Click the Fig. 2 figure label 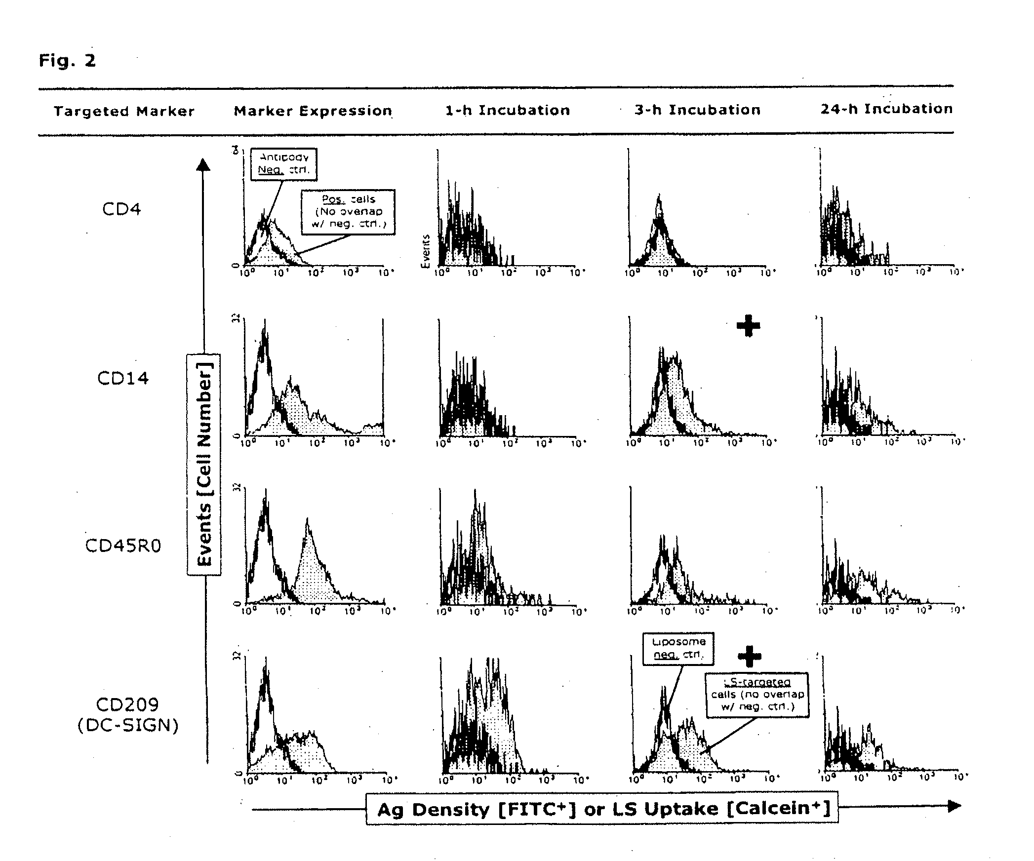67,61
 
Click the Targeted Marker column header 124,111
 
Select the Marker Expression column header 313,111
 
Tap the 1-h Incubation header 508,110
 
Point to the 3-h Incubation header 697,110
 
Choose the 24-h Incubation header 886,109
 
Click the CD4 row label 121,209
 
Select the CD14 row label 123,379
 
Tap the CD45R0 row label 123,546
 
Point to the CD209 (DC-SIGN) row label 128,715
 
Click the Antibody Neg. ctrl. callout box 284,164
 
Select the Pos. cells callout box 349,212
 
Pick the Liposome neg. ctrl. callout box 678,649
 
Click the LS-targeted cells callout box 757,694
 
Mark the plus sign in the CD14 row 748,326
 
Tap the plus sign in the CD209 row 750,656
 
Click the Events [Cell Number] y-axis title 204,465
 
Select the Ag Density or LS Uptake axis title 602,809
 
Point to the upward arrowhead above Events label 203,164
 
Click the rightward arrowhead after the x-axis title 954,806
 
